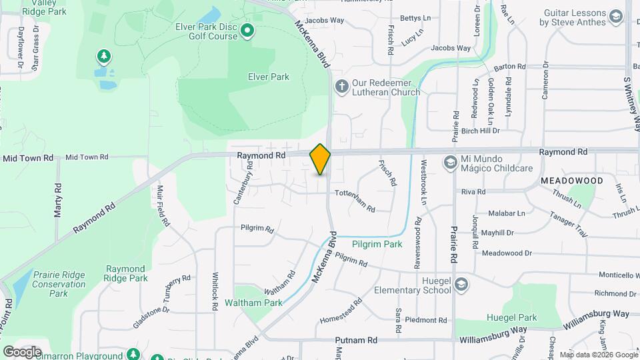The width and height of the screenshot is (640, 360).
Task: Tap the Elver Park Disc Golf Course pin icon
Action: coord(247,30)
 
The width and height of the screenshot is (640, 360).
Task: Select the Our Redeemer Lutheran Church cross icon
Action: coord(341,87)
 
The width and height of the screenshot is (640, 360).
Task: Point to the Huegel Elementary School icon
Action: coord(461,285)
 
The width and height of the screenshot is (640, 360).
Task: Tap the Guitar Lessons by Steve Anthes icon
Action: coord(615,17)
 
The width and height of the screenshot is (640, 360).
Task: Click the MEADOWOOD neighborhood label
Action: coord(571,181)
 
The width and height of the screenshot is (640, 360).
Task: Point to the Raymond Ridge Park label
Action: coord(126,273)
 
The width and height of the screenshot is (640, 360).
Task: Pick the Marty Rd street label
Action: coord(58,201)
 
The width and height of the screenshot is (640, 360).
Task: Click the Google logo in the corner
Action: coord(22,351)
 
